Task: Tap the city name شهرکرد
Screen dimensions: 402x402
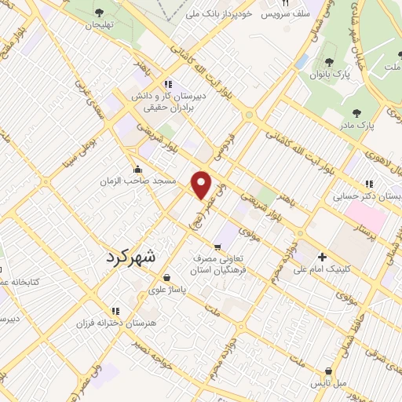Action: coord(130,256)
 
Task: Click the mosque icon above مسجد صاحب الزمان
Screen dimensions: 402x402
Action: coord(138,169)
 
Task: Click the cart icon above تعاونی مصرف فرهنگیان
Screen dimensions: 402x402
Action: coord(217,247)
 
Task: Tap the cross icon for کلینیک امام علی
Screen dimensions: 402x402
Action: coord(322,257)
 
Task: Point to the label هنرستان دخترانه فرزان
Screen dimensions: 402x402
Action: coord(116,323)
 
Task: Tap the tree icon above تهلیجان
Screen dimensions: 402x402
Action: coord(100,12)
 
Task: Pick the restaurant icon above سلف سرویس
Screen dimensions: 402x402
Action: coord(275,3)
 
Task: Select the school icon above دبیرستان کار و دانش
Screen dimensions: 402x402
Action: coord(167,84)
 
